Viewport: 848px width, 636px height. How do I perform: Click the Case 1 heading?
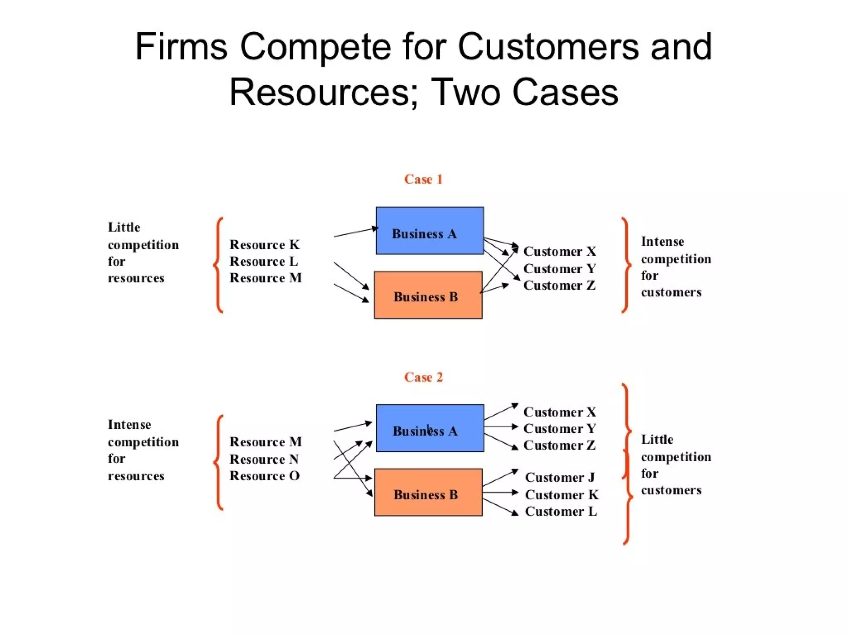[x=423, y=179]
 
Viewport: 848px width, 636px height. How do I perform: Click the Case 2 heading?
[x=423, y=377]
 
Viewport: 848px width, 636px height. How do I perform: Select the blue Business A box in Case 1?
[x=429, y=231]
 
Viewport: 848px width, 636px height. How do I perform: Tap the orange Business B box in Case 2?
[x=428, y=492]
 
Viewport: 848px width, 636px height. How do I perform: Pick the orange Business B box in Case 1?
[x=428, y=295]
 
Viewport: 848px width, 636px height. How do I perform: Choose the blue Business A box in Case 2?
[x=430, y=428]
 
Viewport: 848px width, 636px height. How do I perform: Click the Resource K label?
[x=264, y=245]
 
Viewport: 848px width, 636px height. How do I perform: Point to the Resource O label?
[x=264, y=476]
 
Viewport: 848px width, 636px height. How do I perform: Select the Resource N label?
[x=264, y=459]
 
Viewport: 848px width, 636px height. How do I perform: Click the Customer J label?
[x=559, y=477]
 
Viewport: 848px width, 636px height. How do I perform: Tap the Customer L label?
[x=561, y=511]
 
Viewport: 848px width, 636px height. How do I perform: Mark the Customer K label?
[x=561, y=495]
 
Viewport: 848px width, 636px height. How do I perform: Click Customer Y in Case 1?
[x=559, y=269]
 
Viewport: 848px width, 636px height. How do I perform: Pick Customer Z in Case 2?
[x=559, y=445]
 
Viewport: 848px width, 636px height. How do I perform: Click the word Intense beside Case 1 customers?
[x=662, y=241]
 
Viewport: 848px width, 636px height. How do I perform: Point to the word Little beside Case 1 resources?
[x=124, y=227]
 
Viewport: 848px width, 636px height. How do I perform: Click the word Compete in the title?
[x=315, y=46]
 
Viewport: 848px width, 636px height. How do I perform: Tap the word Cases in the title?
[x=565, y=92]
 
